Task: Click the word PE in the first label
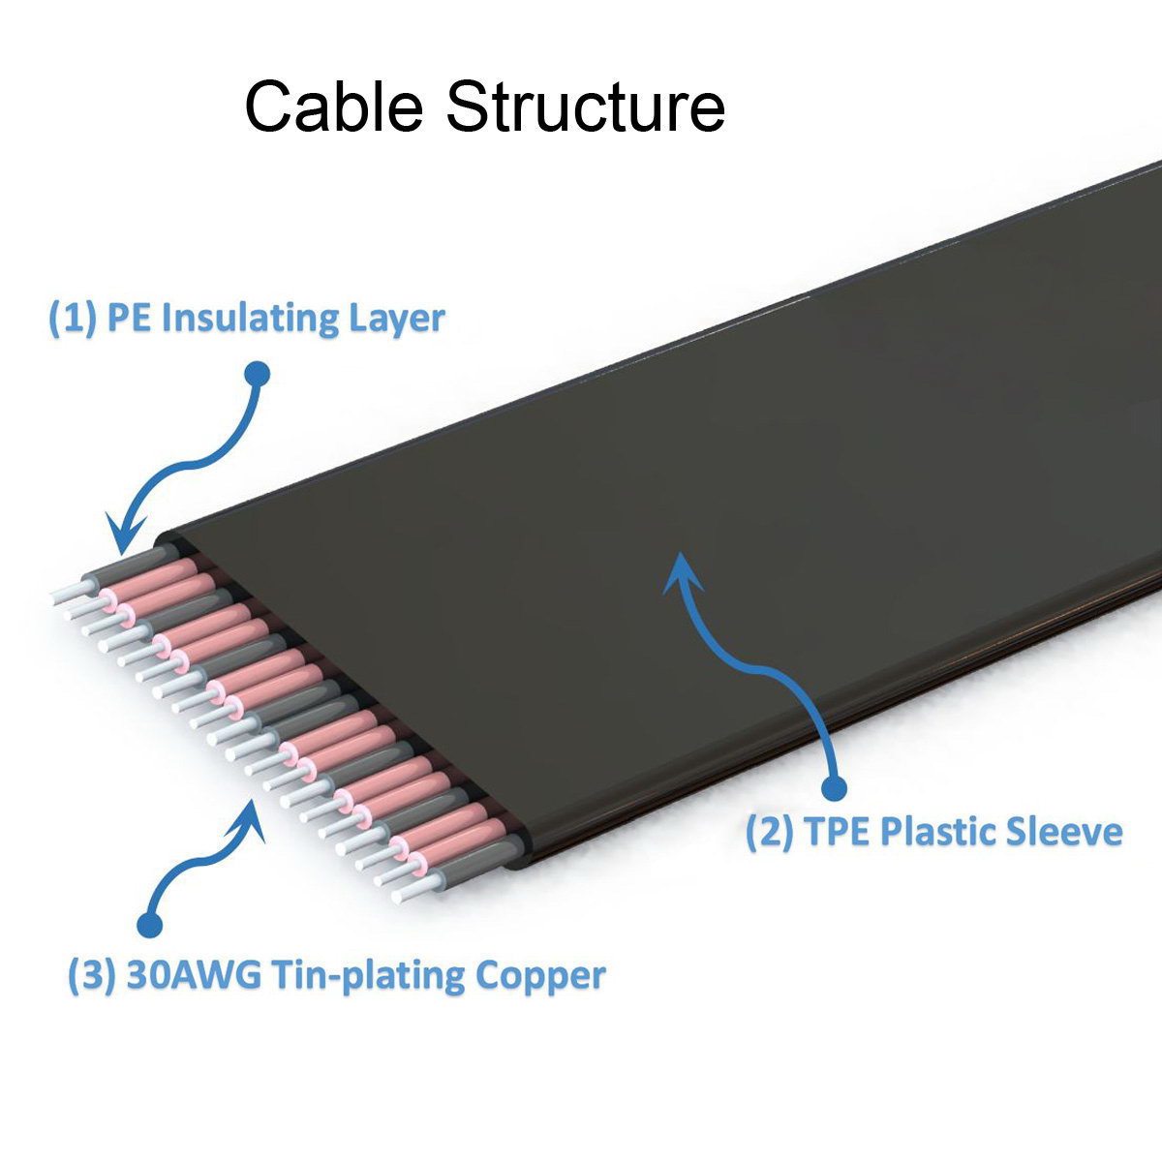pyautogui.click(x=129, y=320)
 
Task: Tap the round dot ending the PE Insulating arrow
pyautogui.click(x=258, y=374)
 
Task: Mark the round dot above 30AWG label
pyautogui.click(x=148, y=925)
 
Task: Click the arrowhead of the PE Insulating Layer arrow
pyautogui.click(x=123, y=536)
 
